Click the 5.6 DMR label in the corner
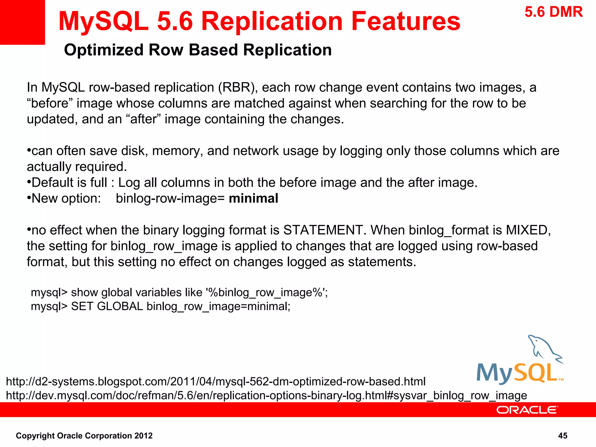point(554,12)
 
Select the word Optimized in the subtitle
point(104,50)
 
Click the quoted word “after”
point(143,119)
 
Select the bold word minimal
point(253,198)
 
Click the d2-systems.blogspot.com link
point(216,382)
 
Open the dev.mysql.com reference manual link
point(266,395)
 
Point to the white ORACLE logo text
point(527,410)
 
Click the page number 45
point(563,436)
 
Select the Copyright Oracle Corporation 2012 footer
point(84,436)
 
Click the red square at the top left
point(22,22)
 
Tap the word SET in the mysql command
point(82,306)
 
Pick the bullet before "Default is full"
point(29,182)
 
